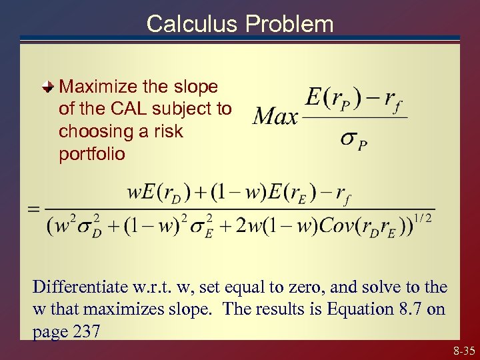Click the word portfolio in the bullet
tap(91, 154)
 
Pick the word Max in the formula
tap(275, 118)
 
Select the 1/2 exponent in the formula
tap(422, 217)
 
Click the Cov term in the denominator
tap(337, 225)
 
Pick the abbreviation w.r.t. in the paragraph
tap(150, 287)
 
